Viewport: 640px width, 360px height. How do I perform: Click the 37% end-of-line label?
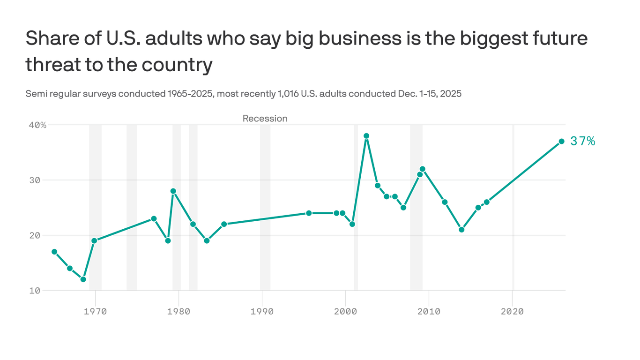tap(582, 141)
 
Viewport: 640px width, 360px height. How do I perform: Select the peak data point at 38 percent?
tap(366, 136)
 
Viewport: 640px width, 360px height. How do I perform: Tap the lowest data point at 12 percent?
tap(83, 279)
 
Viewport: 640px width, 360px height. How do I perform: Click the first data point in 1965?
tap(54, 252)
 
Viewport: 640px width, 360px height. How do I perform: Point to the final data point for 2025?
tap(561, 141)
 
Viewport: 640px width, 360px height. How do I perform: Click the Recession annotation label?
tap(265, 119)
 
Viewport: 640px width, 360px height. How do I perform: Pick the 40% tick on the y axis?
tap(37, 125)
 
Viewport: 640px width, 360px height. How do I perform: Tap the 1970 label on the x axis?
tap(95, 311)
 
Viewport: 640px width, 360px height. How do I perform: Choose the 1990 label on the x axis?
tap(262, 311)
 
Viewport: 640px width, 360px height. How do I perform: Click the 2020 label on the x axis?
tap(512, 311)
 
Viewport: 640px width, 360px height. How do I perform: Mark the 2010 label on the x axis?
tap(429, 311)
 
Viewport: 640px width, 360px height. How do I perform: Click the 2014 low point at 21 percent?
tap(461, 230)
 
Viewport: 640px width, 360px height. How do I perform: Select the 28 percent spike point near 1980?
tap(173, 191)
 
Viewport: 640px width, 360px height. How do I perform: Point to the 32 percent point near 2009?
tap(423, 169)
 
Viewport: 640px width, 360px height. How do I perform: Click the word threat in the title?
tap(53, 64)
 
